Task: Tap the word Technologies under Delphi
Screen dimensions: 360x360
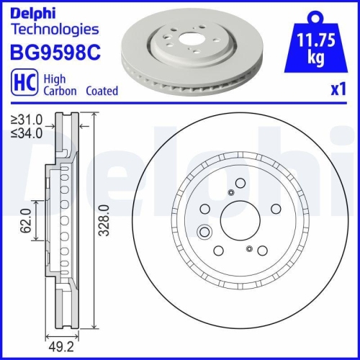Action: click(54, 30)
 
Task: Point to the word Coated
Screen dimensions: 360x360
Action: click(102, 91)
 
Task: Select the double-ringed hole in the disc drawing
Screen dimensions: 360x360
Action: click(204, 233)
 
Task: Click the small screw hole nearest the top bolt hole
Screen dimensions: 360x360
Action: click(230, 192)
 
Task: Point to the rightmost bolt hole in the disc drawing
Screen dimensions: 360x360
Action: click(274, 210)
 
